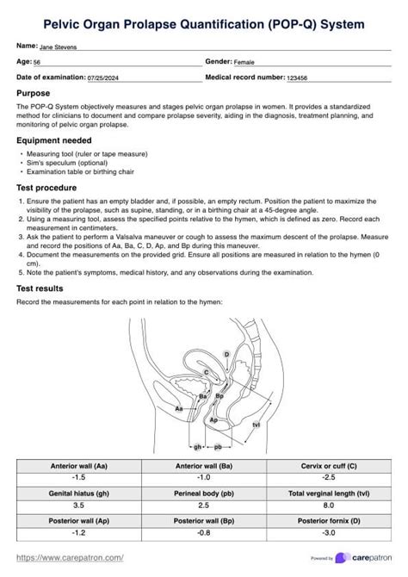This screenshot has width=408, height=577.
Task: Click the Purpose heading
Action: pyautogui.click(x=33, y=93)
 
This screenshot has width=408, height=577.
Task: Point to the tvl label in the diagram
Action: pyautogui.click(x=256, y=425)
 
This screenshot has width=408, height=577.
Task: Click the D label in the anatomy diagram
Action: pyautogui.click(x=226, y=354)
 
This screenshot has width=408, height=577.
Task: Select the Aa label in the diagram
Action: pyautogui.click(x=178, y=407)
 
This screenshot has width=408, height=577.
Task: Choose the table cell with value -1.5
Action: pyautogui.click(x=78, y=477)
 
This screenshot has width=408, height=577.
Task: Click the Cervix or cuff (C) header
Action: pyautogui.click(x=329, y=466)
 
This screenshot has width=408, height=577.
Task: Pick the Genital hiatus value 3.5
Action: pyautogui.click(x=78, y=506)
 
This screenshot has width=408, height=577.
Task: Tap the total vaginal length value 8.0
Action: pyautogui.click(x=329, y=506)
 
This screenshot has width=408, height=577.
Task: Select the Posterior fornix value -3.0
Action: pyautogui.click(x=329, y=533)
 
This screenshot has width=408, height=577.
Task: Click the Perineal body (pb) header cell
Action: pyautogui.click(x=204, y=493)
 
